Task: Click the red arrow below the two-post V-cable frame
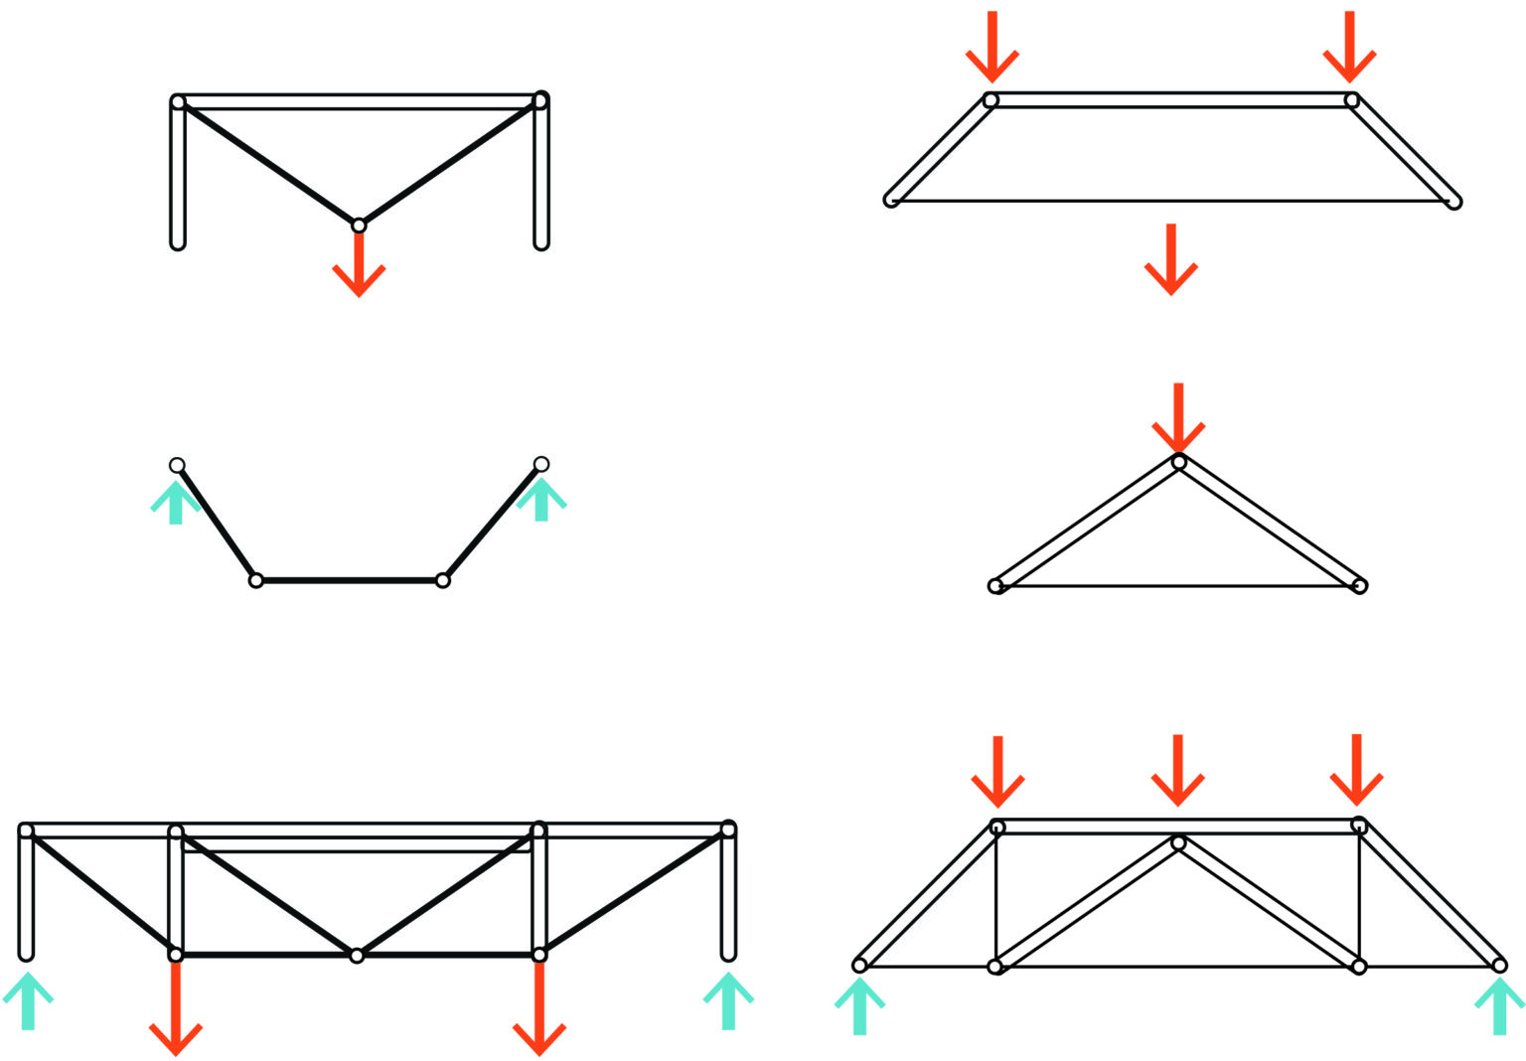[x=359, y=266]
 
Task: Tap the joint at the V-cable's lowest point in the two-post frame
[x=359, y=226]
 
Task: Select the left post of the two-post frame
[x=178, y=174]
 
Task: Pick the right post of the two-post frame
[x=541, y=174]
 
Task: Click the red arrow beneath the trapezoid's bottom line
[x=1171, y=260]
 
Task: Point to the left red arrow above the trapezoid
[x=992, y=48]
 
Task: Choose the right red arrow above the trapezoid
[x=1349, y=48]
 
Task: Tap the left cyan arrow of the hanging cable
[x=176, y=502]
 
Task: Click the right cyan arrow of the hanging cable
[x=541, y=499]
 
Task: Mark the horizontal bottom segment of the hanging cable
[x=350, y=580]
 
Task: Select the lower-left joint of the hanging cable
[x=256, y=580]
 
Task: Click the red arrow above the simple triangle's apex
[x=1178, y=417]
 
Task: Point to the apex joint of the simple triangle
[x=1178, y=462]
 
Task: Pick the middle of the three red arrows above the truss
[x=1177, y=771]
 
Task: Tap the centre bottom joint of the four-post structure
[x=357, y=956]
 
